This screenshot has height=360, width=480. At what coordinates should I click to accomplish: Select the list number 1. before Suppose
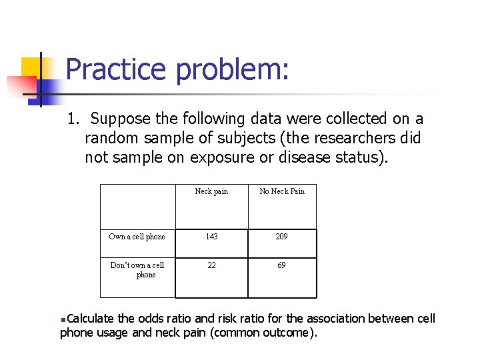(x=74, y=119)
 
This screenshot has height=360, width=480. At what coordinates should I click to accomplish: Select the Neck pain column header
(x=211, y=191)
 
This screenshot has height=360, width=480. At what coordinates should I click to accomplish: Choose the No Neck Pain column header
(x=282, y=191)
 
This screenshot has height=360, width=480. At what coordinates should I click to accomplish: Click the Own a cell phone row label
(x=137, y=237)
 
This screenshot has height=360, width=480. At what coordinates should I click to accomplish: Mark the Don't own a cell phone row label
(x=137, y=269)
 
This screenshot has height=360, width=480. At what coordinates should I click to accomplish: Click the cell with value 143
(x=211, y=237)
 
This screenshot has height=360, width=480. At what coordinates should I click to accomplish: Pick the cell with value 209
(x=282, y=237)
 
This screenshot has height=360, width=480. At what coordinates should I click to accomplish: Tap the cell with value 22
(x=211, y=265)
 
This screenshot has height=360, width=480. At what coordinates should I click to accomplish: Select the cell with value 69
(x=282, y=265)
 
